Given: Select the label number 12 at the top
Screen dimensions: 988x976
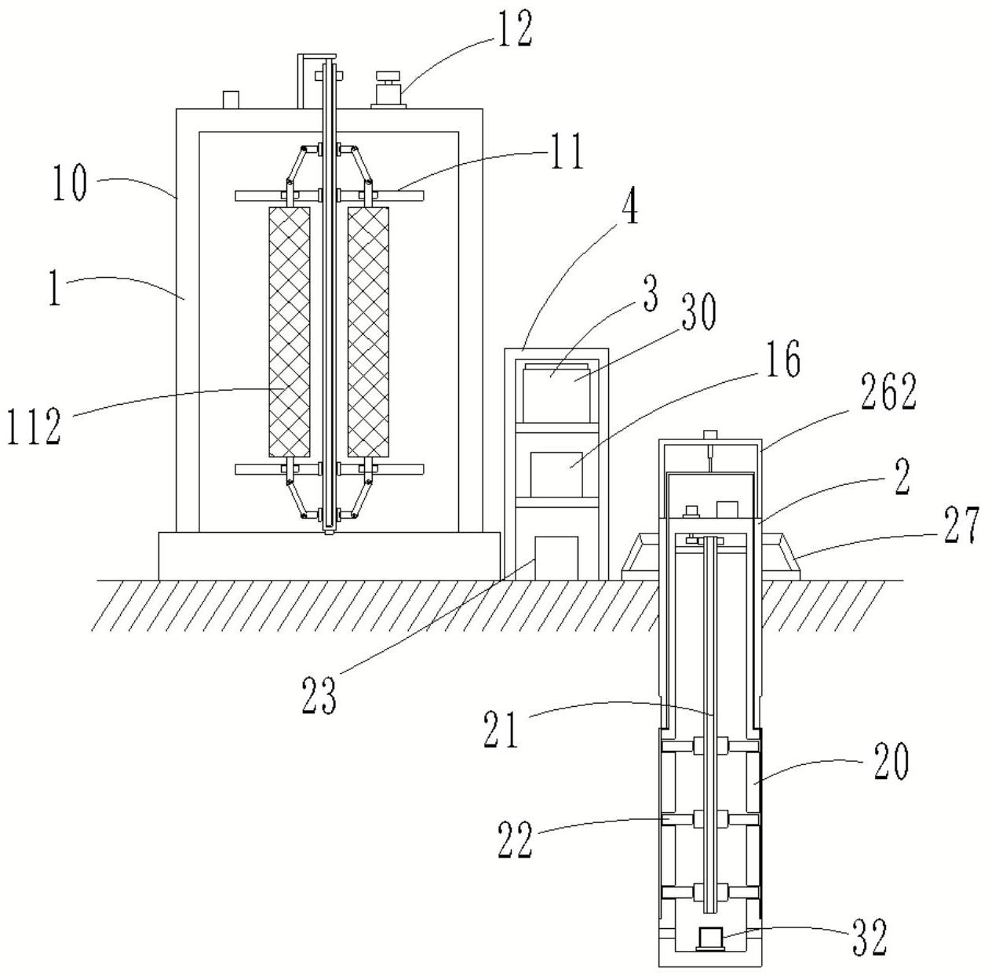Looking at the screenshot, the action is pos(513,30).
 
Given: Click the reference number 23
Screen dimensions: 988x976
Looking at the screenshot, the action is pos(318,695).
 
